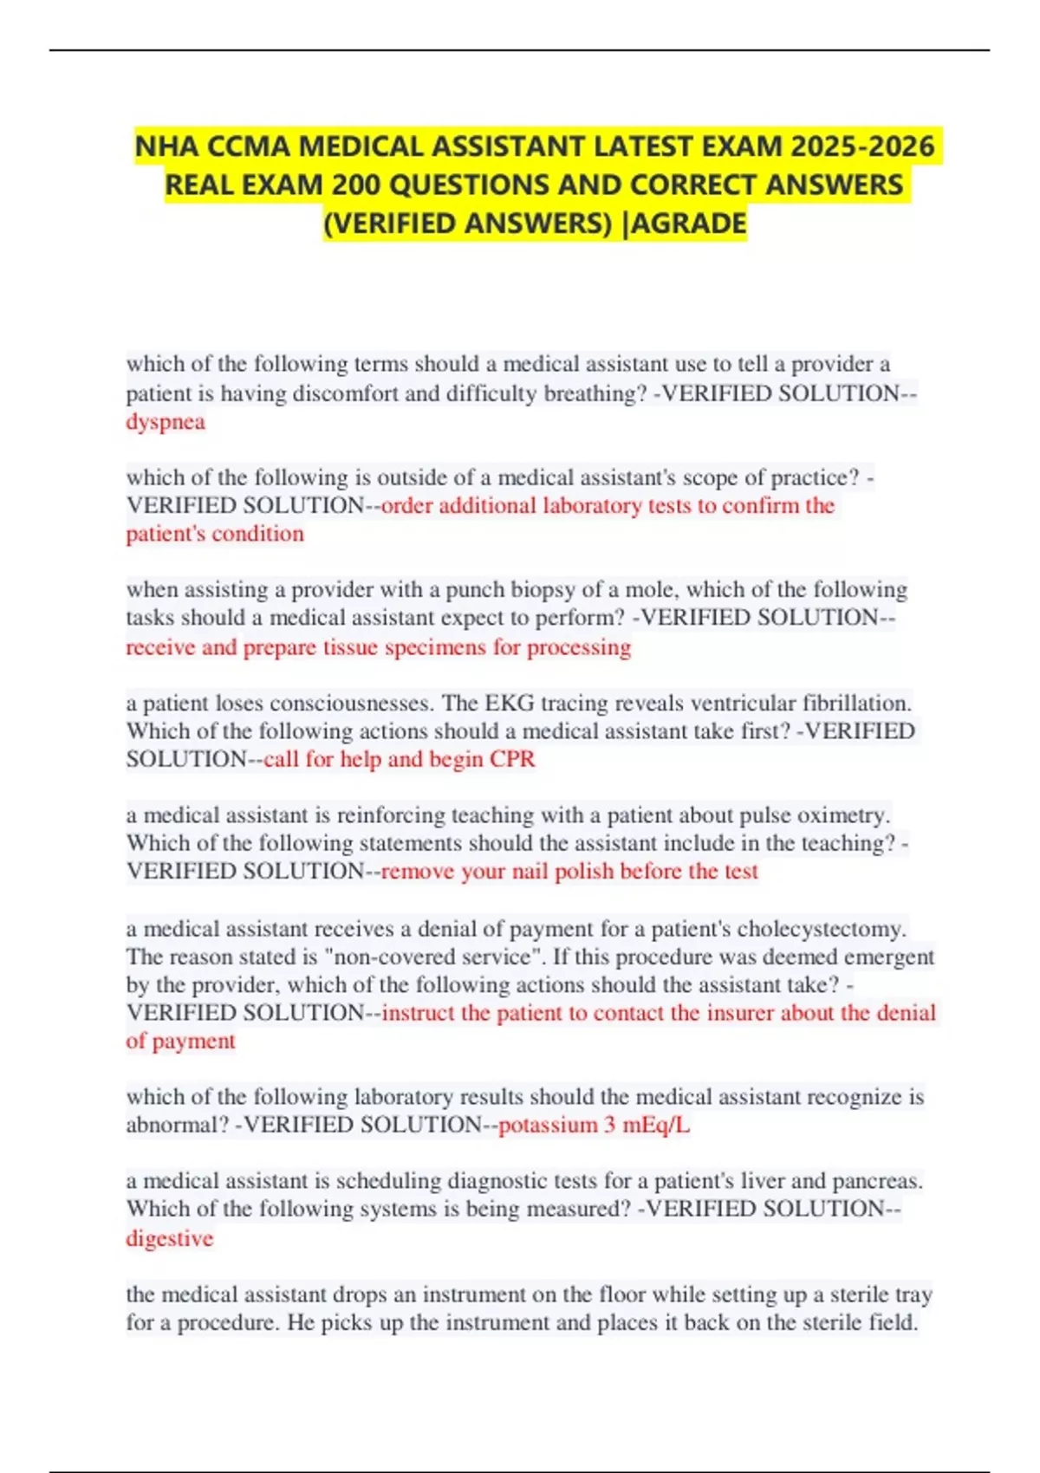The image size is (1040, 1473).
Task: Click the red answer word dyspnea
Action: point(166,422)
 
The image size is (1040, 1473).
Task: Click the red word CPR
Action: point(512,759)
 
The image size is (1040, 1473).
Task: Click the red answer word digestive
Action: point(170,1238)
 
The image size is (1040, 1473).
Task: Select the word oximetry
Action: point(842,815)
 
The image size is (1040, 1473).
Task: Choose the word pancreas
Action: point(876,1181)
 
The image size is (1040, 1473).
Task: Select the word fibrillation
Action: point(856,703)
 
